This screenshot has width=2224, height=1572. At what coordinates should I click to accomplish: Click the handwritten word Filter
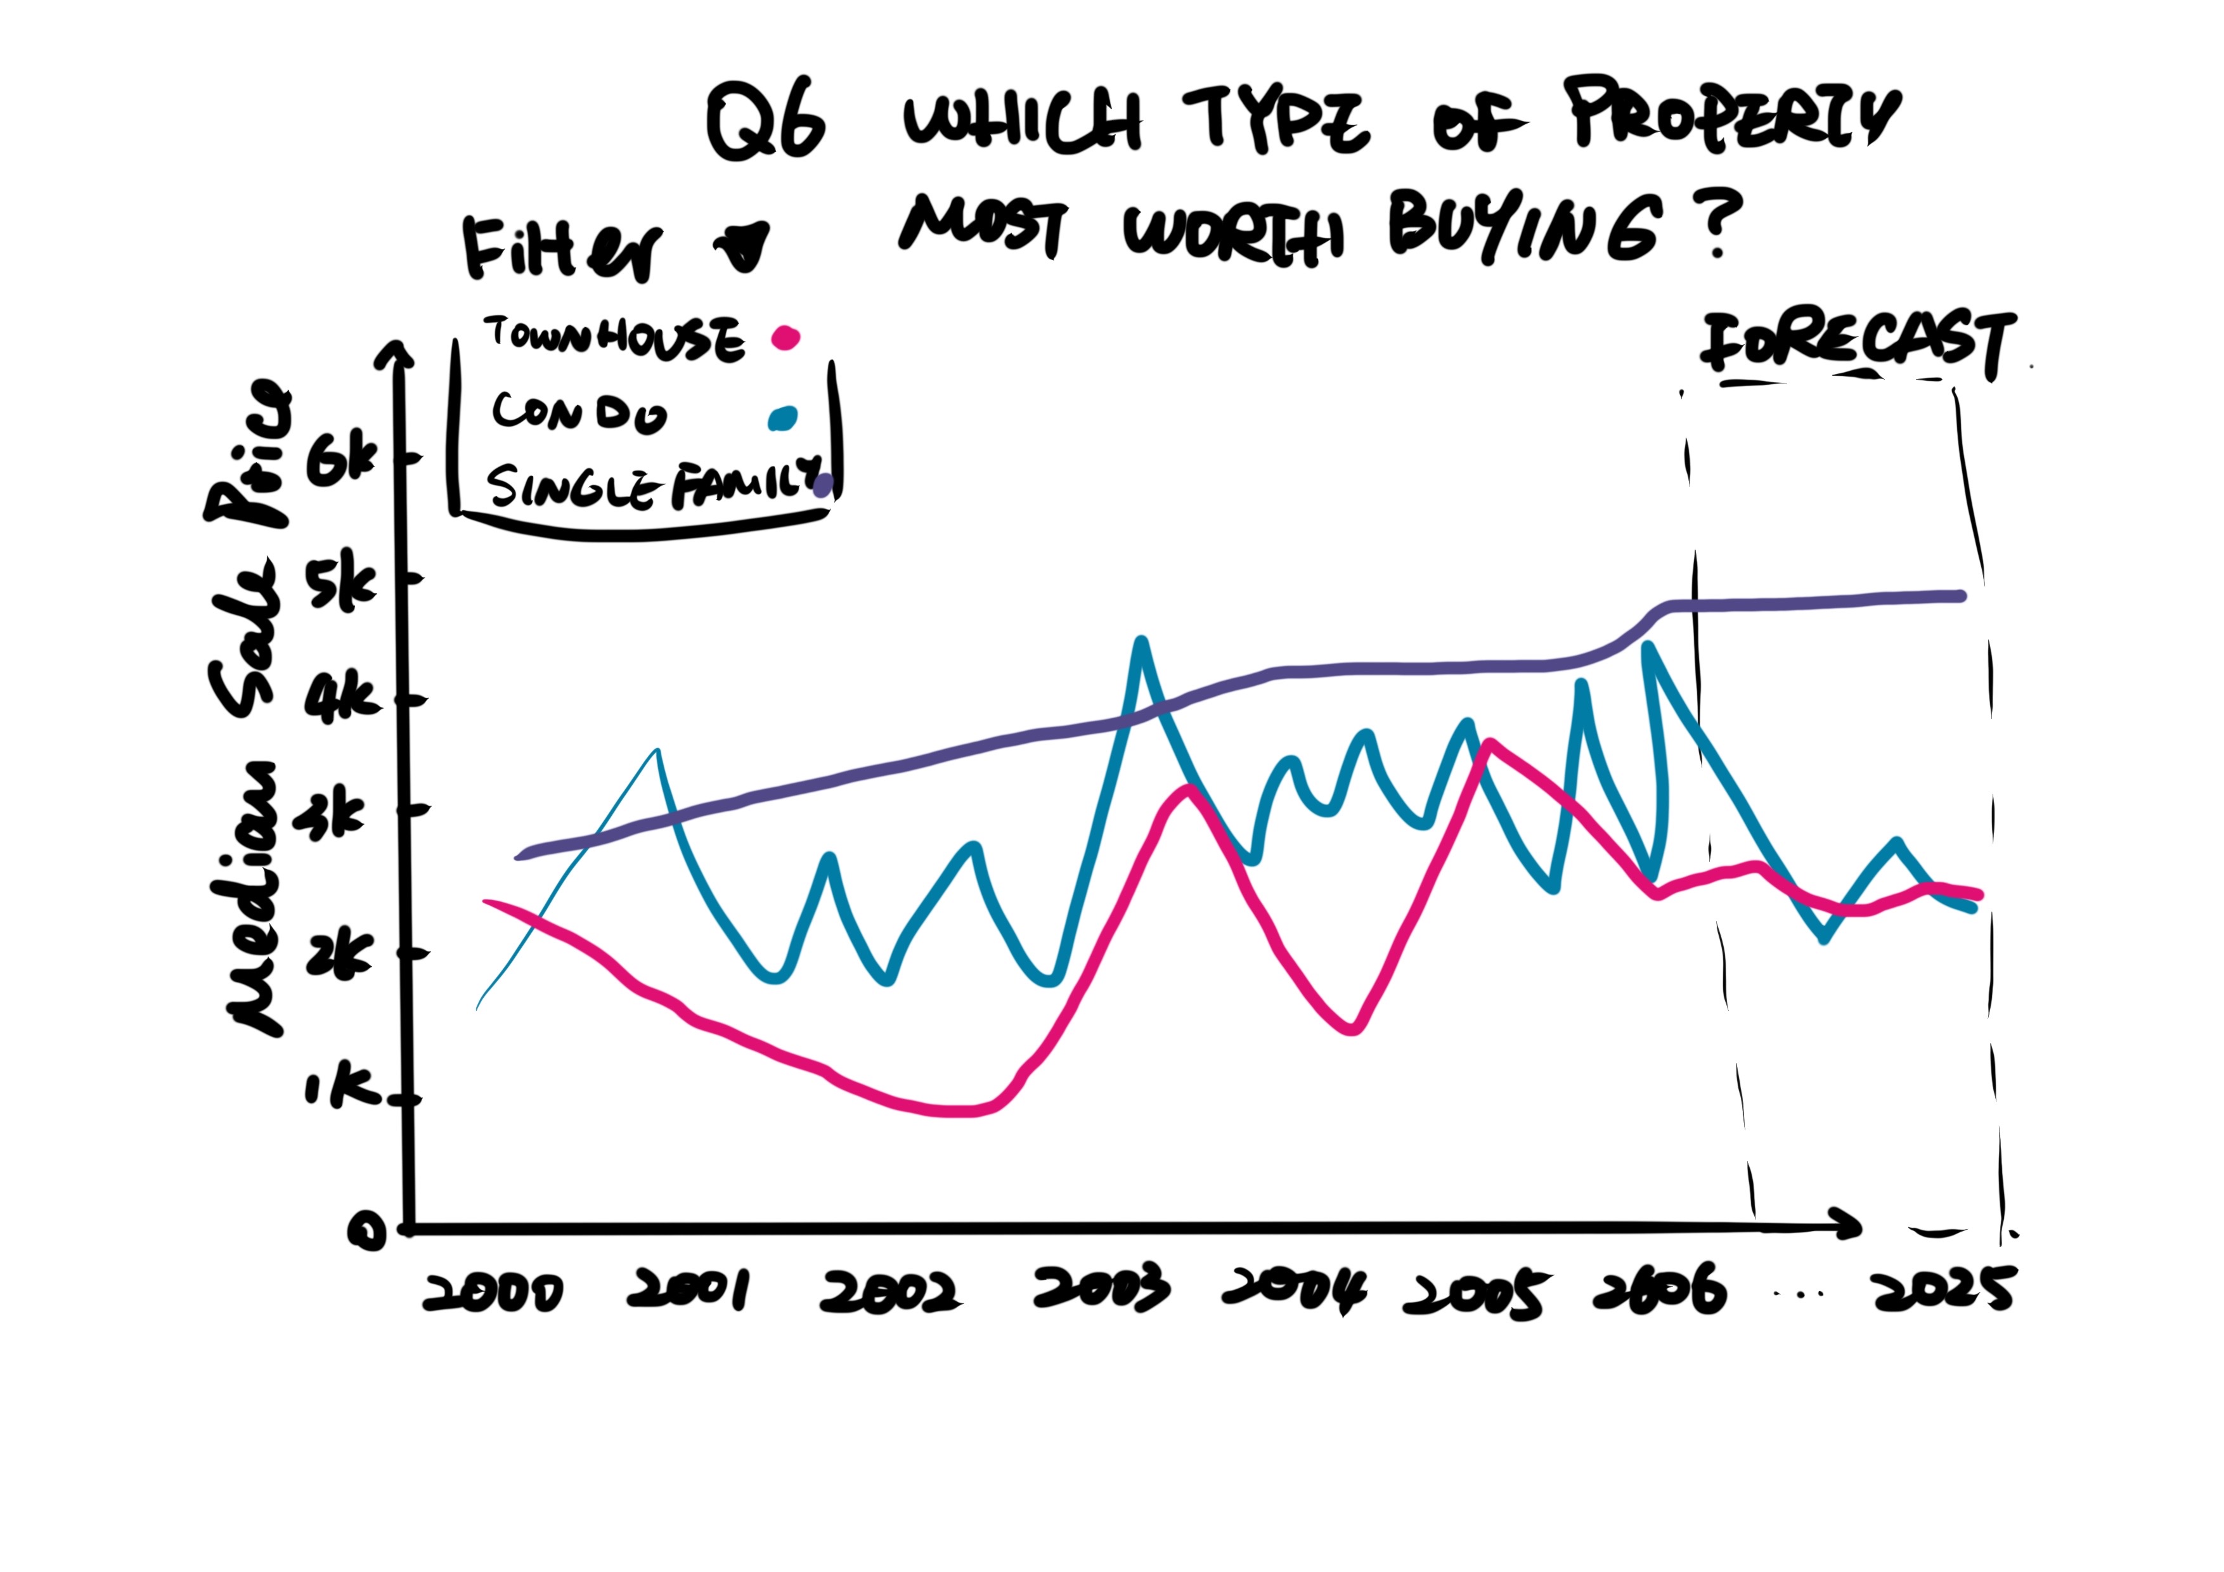coord(562,249)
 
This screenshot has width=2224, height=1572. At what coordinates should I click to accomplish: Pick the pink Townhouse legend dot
coord(785,338)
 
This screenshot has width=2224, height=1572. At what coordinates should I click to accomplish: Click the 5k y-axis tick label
coord(341,583)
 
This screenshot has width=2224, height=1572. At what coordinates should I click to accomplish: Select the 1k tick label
coord(339,1090)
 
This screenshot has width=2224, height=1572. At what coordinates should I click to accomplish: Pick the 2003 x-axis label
coord(1101,1288)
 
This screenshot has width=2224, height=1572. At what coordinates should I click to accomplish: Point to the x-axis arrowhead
coord(1848,1225)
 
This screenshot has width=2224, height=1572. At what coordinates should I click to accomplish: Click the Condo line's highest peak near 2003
coord(1142,642)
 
